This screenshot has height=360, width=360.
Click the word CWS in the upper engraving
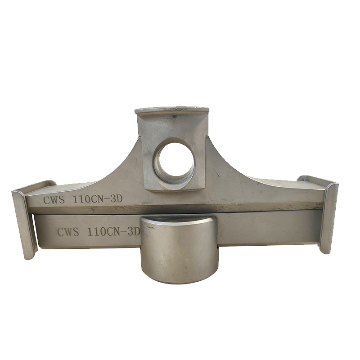[x=54, y=200]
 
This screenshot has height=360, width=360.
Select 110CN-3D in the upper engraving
[x=98, y=199]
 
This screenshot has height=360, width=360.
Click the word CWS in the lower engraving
[x=68, y=232]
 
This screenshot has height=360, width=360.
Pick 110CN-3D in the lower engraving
[x=114, y=232]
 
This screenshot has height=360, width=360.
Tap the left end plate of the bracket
[x=24, y=224]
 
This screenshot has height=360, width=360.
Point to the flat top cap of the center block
[x=172, y=110]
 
